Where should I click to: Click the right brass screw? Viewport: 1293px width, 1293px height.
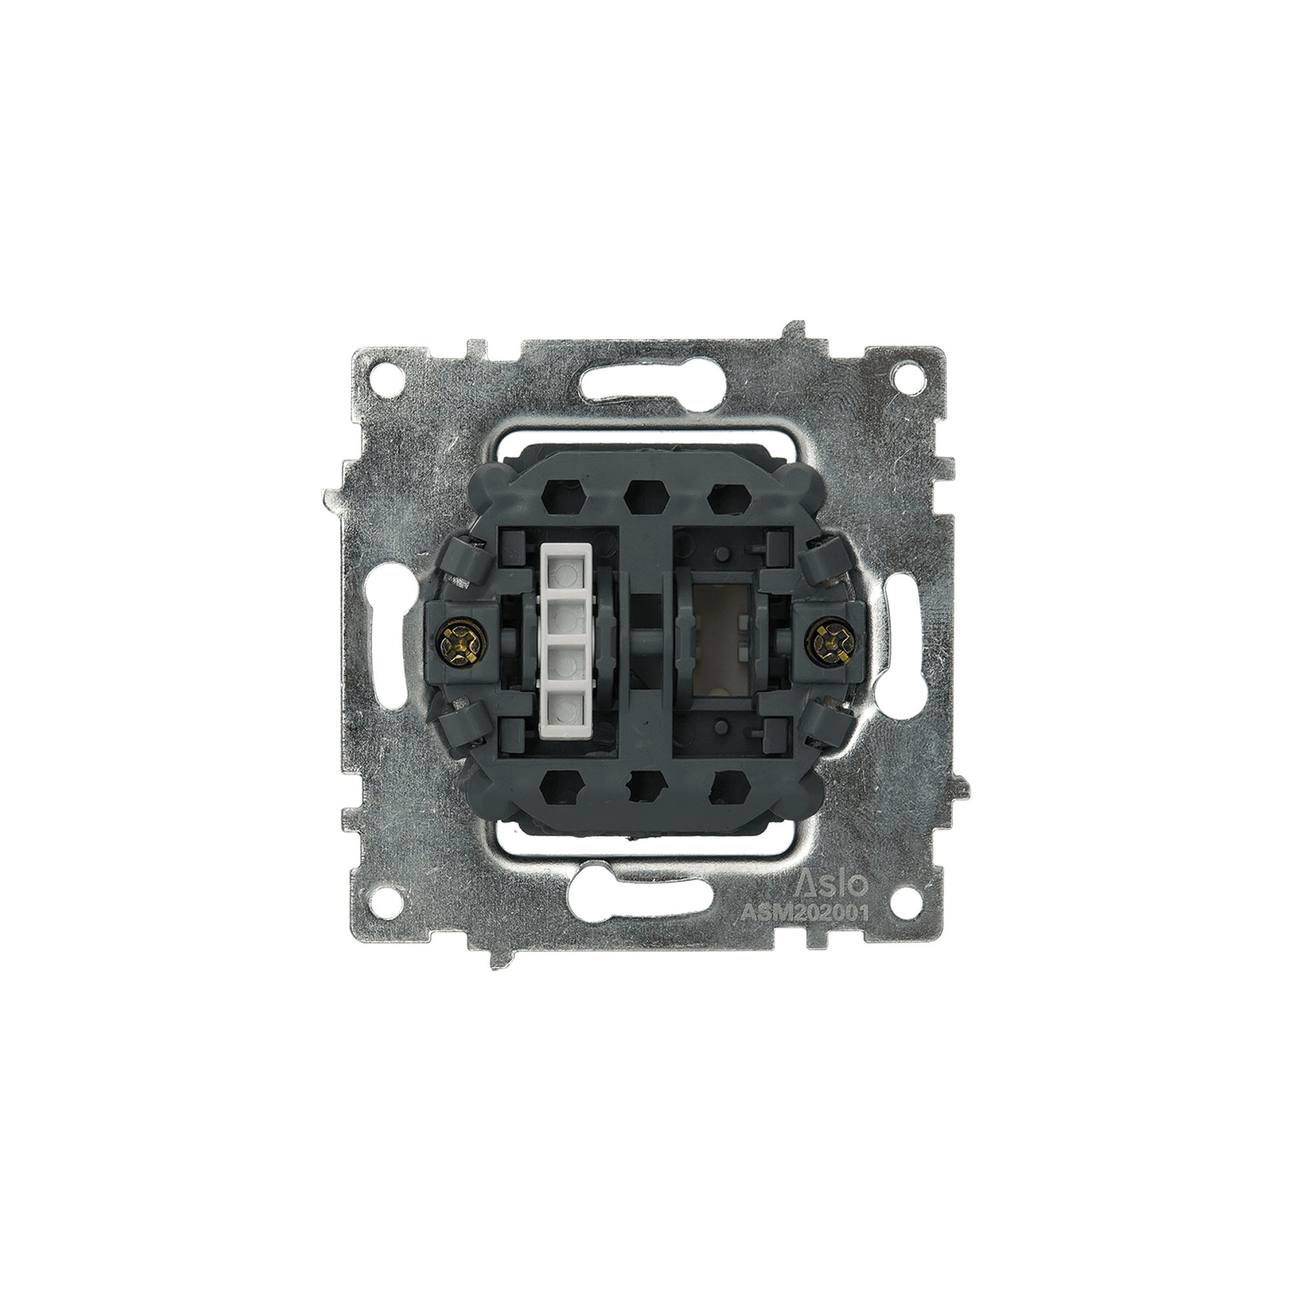coord(832,645)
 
